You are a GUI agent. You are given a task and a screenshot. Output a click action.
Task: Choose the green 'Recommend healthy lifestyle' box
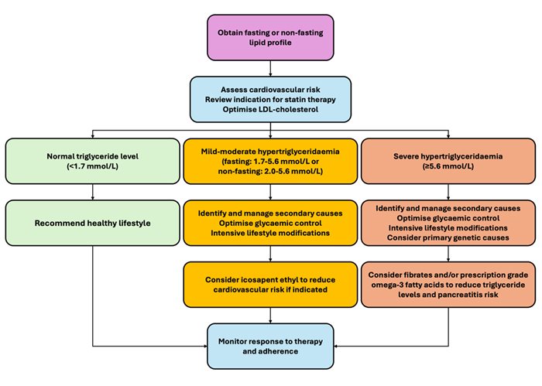pyautogui.click(x=93, y=224)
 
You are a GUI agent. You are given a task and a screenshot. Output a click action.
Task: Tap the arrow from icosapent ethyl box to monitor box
pyautogui.click(x=270, y=311)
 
